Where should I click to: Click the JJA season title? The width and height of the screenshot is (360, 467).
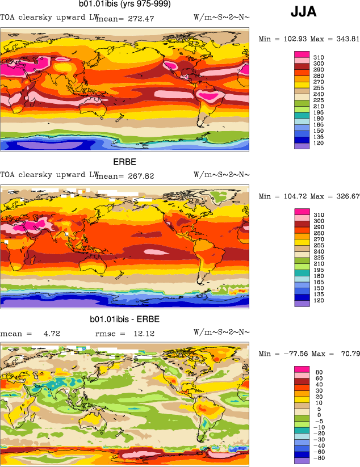point(304,12)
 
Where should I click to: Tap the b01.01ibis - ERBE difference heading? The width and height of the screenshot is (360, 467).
point(124,319)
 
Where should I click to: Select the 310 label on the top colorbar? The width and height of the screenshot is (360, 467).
point(319,57)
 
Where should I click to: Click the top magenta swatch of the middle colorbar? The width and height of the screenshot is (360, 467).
point(302,212)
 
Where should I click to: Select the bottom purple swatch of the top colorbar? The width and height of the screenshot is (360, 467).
point(302,146)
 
